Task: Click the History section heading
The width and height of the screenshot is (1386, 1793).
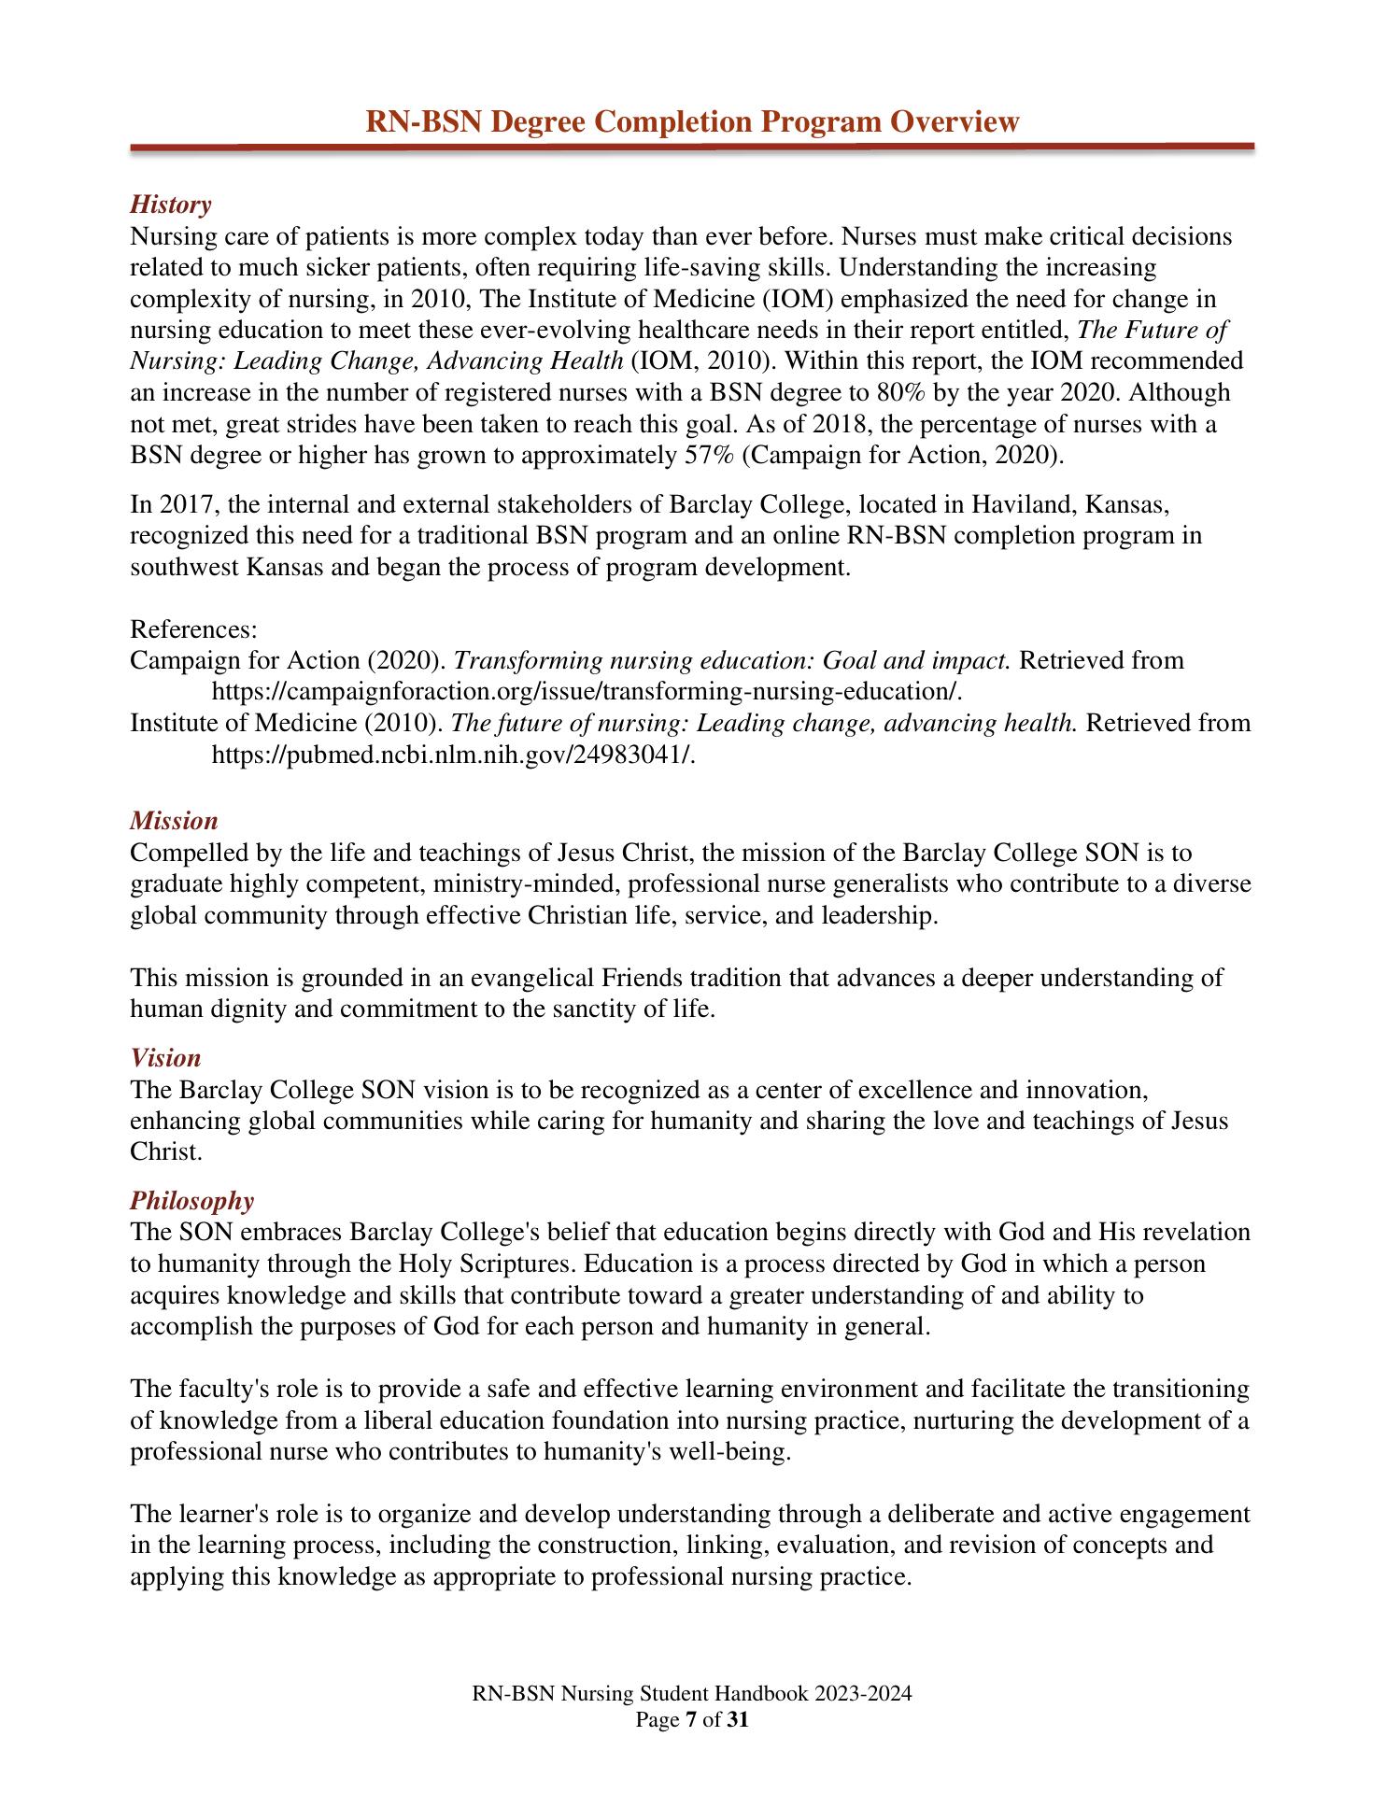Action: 170,205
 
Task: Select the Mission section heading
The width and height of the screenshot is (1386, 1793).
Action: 174,821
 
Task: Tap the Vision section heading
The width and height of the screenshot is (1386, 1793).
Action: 165,1058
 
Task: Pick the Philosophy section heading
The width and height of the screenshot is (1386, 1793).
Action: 191,1200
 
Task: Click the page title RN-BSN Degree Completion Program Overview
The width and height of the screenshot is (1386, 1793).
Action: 692,121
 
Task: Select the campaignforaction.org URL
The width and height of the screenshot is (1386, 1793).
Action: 587,692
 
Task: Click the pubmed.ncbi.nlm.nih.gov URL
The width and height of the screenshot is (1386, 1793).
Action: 454,755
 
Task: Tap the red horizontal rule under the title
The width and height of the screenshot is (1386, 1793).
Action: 692,147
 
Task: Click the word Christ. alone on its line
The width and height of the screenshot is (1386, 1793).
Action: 166,1151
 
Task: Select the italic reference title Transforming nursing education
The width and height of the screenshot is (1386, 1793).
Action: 635,660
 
